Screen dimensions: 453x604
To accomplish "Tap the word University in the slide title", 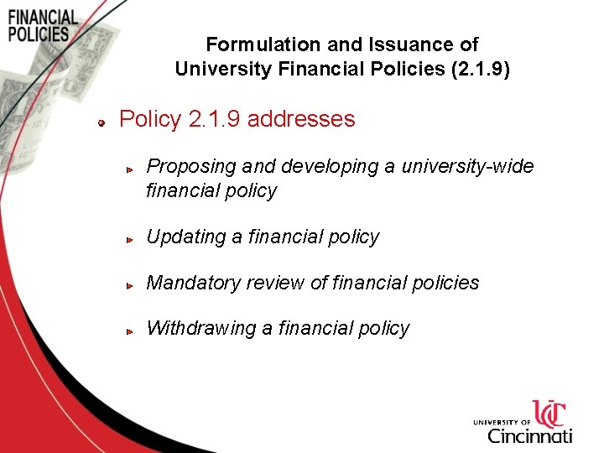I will pos(215,68).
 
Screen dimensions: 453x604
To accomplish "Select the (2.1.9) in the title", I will pos(480,68).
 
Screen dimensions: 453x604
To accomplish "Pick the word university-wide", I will pos(467,166).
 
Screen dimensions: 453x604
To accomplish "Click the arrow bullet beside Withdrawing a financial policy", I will pos(131,331).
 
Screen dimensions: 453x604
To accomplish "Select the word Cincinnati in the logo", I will pos(529,435).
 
